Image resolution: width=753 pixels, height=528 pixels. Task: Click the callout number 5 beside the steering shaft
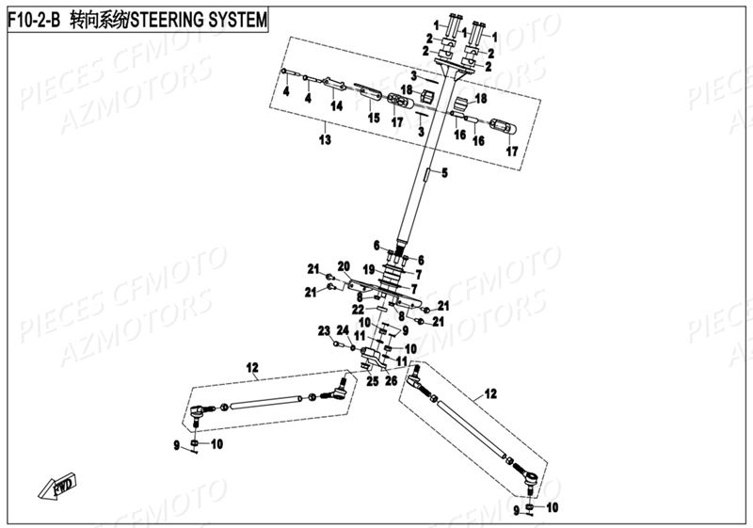coord(445,172)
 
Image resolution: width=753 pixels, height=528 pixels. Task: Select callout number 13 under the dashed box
coord(325,140)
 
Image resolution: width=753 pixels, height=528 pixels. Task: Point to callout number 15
coord(374,118)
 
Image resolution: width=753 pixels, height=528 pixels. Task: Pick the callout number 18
coord(481,98)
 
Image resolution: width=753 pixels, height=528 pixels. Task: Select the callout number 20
coord(344,265)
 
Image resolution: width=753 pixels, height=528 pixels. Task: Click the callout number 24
coord(344,330)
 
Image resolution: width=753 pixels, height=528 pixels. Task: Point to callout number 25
coord(371,381)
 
